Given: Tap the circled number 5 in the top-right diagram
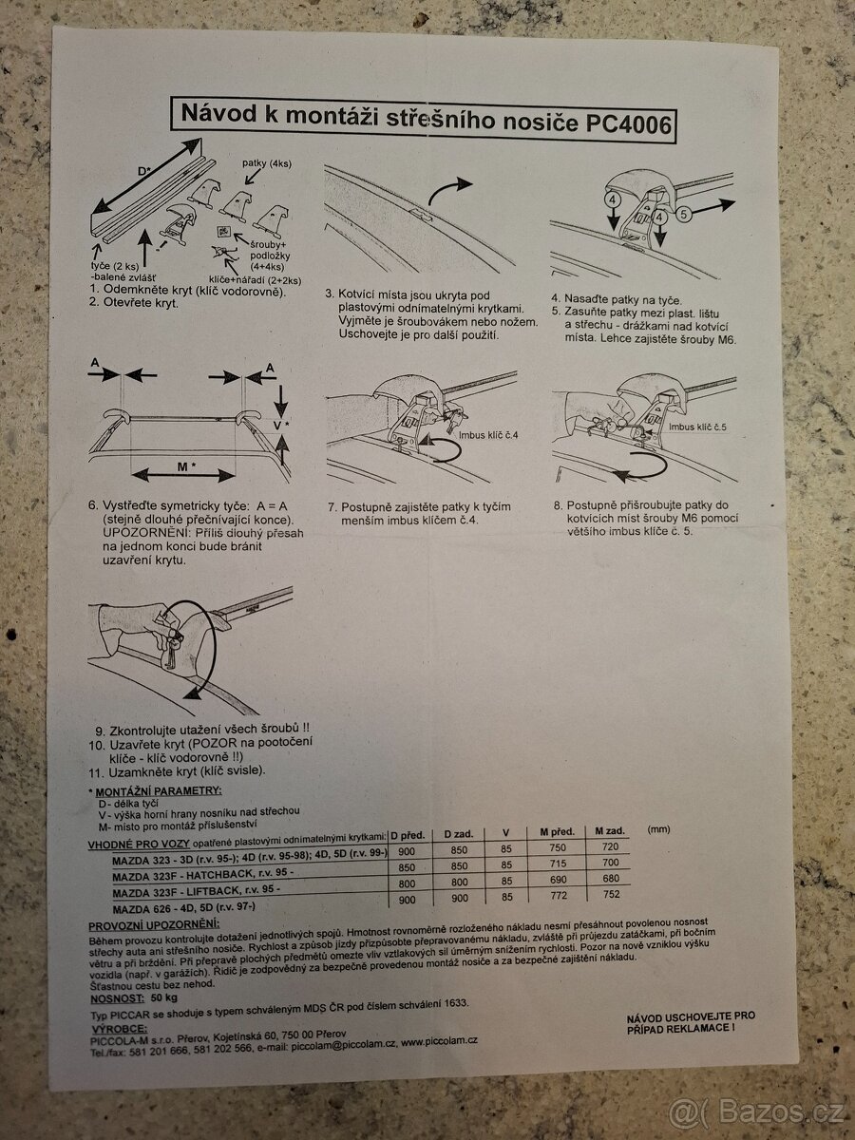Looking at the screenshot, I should [x=684, y=215].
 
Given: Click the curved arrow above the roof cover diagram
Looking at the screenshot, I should [x=448, y=191].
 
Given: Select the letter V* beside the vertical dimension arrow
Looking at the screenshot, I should [x=280, y=425].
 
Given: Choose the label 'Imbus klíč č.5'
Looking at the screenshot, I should [x=696, y=427].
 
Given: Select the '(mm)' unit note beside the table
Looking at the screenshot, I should [x=658, y=828].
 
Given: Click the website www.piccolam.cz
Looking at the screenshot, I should [x=440, y=1040].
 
